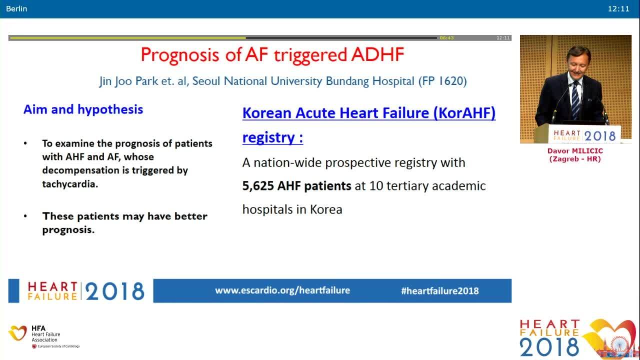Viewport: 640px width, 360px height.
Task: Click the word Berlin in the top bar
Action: [x=16, y=8]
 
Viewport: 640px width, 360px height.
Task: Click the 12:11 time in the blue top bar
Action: [x=618, y=8]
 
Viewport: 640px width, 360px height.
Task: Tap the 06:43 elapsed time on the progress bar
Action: [x=446, y=38]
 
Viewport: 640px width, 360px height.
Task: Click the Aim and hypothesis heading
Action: [x=83, y=109]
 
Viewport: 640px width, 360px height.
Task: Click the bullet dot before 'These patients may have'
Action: [x=25, y=216]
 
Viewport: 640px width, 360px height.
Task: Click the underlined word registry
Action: [x=267, y=137]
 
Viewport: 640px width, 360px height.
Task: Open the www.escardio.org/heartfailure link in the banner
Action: [x=282, y=290]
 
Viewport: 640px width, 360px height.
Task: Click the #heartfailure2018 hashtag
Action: [x=439, y=291]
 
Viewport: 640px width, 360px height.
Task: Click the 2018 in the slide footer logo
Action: [x=115, y=291]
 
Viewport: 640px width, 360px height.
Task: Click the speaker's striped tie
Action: [x=575, y=100]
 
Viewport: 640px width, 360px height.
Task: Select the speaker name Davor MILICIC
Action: [x=575, y=151]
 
